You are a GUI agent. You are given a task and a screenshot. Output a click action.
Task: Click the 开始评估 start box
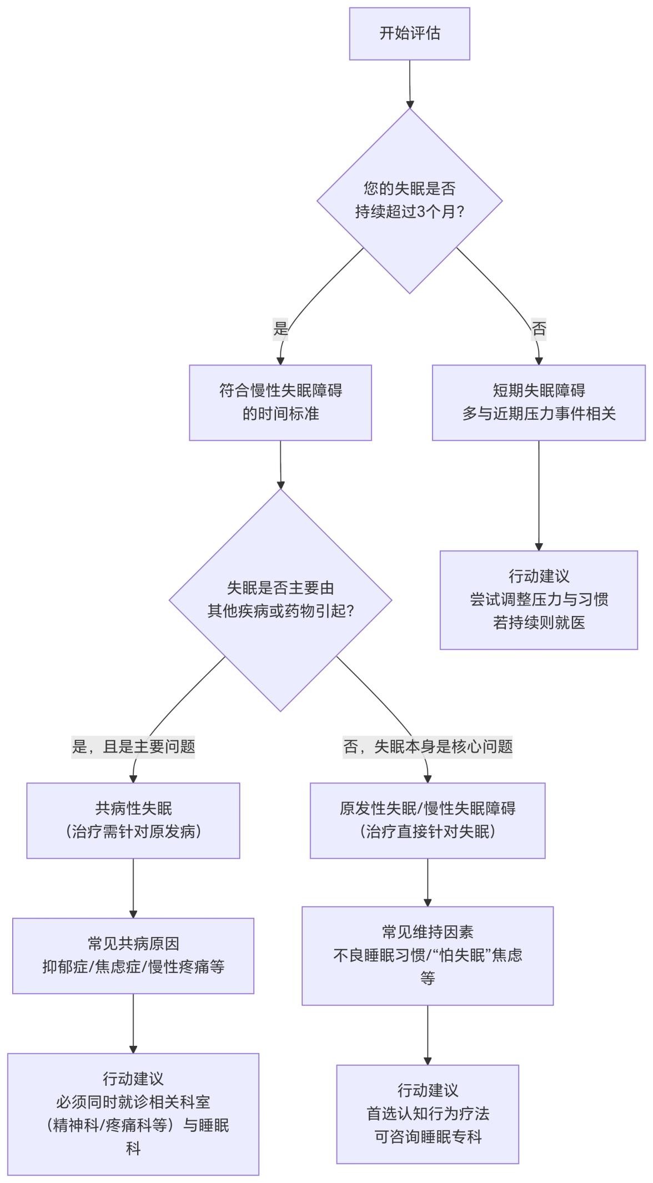tap(409, 33)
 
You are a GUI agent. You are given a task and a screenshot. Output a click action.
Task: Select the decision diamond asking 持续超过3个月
tap(409, 200)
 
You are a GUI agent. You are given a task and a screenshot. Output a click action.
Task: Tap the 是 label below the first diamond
tap(280, 328)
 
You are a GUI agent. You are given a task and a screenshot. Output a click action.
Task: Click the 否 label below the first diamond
tap(539, 328)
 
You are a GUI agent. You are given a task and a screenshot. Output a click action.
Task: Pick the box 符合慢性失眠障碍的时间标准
tap(280, 403)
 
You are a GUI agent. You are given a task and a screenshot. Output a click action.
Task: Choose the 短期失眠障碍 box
tap(539, 403)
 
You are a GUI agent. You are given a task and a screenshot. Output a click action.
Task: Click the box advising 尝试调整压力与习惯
tap(539, 600)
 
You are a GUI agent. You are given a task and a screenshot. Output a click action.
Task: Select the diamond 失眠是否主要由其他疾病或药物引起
tap(280, 600)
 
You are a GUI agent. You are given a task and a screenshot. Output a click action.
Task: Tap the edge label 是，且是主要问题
tap(133, 746)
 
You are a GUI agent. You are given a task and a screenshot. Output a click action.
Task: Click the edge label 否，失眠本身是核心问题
tap(428, 746)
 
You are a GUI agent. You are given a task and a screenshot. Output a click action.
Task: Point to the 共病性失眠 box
tap(133, 820)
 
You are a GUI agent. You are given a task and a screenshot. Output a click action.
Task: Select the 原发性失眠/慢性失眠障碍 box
tap(428, 820)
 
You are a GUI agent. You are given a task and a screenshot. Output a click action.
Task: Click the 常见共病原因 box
tap(133, 955)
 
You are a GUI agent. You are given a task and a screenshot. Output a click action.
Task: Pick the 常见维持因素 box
tap(428, 955)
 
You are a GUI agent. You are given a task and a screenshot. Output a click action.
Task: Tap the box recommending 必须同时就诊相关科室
tap(133, 1114)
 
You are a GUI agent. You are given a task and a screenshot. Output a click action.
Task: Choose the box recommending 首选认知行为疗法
tap(428, 1114)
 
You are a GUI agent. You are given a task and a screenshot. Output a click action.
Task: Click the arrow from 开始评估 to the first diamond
tap(410, 83)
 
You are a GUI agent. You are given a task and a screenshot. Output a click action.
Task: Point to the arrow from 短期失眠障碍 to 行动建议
tap(539, 494)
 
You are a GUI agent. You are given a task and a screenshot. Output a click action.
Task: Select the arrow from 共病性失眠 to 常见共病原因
tap(133, 888)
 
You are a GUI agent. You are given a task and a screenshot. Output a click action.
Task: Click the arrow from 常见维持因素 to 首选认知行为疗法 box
tap(428, 1034)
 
